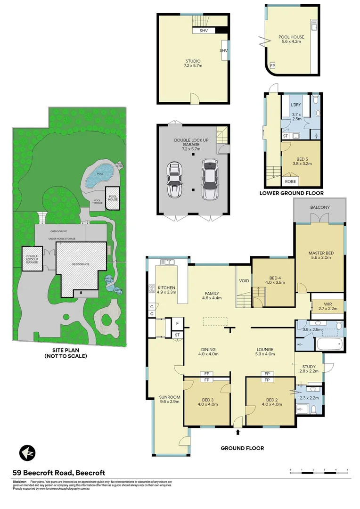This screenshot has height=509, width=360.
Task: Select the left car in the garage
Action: click(174, 181)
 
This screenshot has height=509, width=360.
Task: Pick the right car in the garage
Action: click(208, 179)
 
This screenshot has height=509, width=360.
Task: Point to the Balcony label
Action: click(320, 207)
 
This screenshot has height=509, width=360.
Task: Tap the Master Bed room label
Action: click(320, 255)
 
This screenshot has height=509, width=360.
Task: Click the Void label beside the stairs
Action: click(244, 281)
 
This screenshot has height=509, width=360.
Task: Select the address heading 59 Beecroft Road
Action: click(58, 473)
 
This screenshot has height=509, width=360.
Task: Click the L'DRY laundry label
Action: click(296, 104)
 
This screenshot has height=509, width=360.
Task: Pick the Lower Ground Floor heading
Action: click(292, 193)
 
